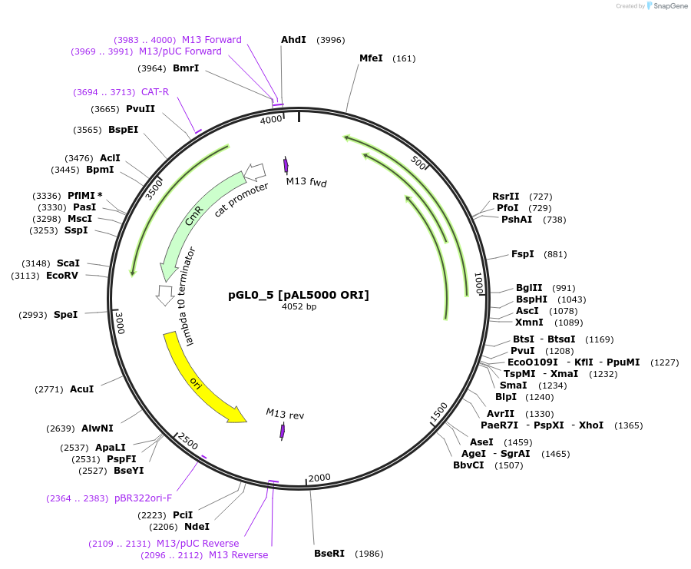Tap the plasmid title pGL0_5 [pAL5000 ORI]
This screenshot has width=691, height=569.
(x=299, y=295)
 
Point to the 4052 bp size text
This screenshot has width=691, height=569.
(x=299, y=307)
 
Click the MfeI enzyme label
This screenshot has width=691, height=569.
(x=371, y=58)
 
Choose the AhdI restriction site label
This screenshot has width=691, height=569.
(x=293, y=40)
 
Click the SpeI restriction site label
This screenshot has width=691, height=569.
(x=65, y=315)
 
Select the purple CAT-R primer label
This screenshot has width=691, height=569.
(x=154, y=92)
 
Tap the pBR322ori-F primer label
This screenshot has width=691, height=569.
(x=144, y=498)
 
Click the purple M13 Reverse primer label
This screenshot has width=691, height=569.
(x=239, y=555)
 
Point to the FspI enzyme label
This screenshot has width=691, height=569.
(x=522, y=254)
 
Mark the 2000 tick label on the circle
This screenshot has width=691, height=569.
(x=319, y=477)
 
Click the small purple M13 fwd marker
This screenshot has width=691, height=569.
(x=286, y=165)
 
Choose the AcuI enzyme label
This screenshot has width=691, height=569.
(x=81, y=389)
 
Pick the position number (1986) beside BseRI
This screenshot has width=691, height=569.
(x=369, y=553)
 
